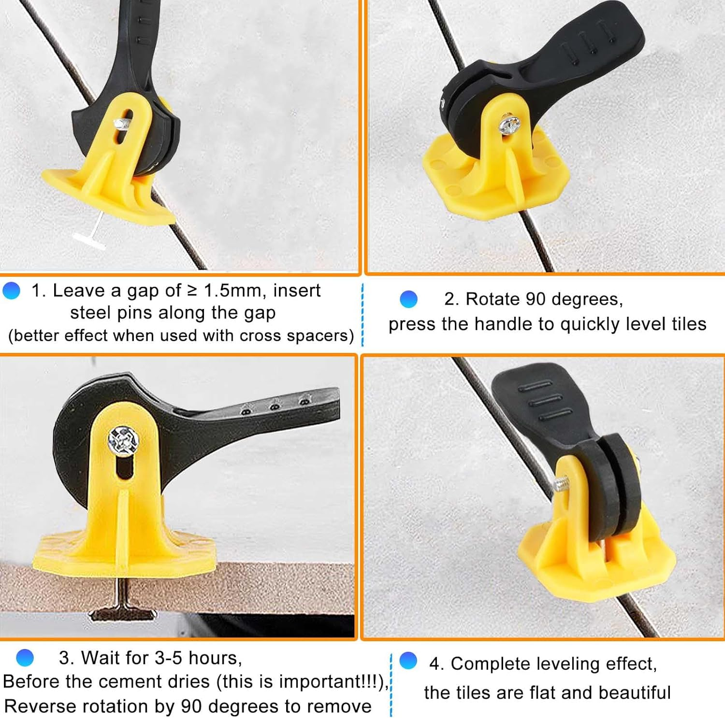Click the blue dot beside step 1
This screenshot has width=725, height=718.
point(11,291)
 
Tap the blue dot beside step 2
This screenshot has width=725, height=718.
point(408,299)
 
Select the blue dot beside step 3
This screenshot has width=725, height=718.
point(25,658)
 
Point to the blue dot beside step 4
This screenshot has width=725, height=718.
point(408,661)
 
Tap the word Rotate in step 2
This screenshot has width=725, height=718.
point(493,299)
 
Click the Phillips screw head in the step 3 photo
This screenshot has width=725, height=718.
point(124,440)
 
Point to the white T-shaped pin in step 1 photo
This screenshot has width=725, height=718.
point(92,234)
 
